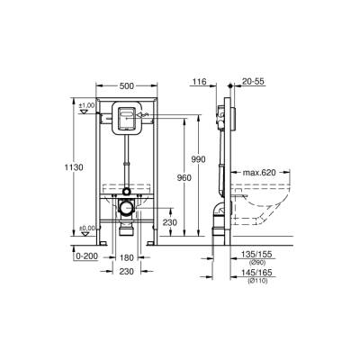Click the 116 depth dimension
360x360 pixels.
[199, 81]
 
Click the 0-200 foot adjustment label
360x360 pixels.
[86, 256]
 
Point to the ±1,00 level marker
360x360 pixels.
[86, 107]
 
